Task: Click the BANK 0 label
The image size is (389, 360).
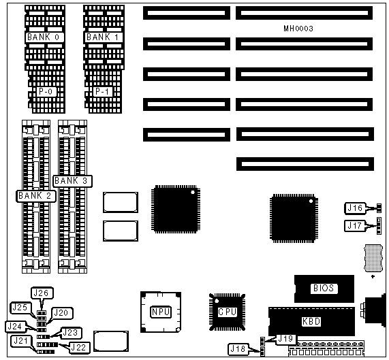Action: pyautogui.click(x=44, y=37)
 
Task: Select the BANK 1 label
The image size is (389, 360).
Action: pyautogui.click(x=103, y=37)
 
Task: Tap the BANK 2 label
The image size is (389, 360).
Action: pyautogui.click(x=35, y=196)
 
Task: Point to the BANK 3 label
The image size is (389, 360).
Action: pyautogui.click(x=72, y=181)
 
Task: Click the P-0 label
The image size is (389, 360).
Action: pyautogui.click(x=46, y=92)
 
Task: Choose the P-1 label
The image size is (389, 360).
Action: pyautogui.click(x=103, y=92)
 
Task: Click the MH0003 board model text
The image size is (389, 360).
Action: pyautogui.click(x=298, y=29)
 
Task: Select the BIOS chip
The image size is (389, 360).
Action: pyautogui.click(x=324, y=289)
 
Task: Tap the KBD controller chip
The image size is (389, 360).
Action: pyautogui.click(x=311, y=322)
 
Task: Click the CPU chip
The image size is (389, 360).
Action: pyautogui.click(x=227, y=312)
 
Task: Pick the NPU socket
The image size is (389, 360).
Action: pyautogui.click(x=161, y=312)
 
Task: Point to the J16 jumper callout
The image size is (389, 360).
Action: pyautogui.click(x=355, y=208)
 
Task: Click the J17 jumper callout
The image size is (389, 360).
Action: pyautogui.click(x=355, y=226)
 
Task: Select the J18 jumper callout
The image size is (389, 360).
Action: pyautogui.click(x=238, y=349)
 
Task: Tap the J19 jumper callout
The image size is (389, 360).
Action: pyautogui.click(x=286, y=339)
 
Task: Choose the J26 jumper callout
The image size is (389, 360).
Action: pyautogui.click(x=42, y=293)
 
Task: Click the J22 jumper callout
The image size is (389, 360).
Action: pyautogui.click(x=79, y=348)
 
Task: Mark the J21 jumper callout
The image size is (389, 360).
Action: pyautogui.click(x=21, y=341)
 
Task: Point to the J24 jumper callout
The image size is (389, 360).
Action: pyautogui.click(x=16, y=326)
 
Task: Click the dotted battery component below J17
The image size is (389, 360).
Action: pyautogui.click(x=373, y=258)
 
